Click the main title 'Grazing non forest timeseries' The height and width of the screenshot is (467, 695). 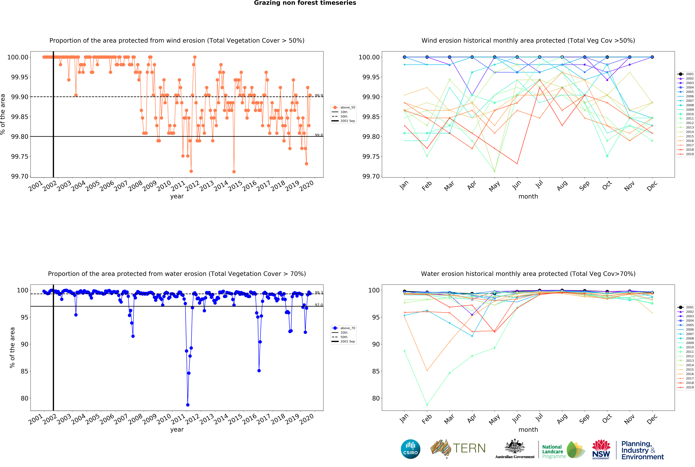pos(305,3)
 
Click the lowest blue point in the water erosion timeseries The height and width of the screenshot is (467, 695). pos(188,405)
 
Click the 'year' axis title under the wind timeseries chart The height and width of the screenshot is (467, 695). pos(177,196)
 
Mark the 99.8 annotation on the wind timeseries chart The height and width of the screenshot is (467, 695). pos(319,135)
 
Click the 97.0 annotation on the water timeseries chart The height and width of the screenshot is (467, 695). pos(319,305)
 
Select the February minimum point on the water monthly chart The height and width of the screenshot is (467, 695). pos(427,405)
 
